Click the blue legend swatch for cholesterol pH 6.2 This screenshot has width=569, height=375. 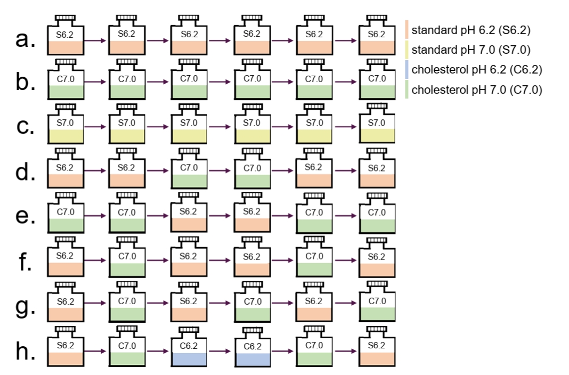click(x=407, y=69)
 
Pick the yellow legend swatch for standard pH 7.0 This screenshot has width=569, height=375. click(x=407, y=50)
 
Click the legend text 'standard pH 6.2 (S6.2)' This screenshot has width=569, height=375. click(x=471, y=30)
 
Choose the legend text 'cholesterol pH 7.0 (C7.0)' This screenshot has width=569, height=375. click(x=477, y=89)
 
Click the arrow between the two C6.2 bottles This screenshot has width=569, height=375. click(x=220, y=350)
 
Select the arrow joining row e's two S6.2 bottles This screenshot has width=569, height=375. click(x=220, y=216)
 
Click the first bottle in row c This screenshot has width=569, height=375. click(x=66, y=124)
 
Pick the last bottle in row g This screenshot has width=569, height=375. click(x=377, y=301)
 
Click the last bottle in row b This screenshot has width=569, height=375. click(x=377, y=79)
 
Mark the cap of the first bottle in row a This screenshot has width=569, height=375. click(x=66, y=18)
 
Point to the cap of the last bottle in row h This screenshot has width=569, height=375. click(x=377, y=329)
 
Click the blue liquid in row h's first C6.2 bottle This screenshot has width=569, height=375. click(x=189, y=359)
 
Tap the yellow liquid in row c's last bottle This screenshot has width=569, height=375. click(x=377, y=136)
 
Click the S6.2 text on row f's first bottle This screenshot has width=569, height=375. click(x=64, y=256)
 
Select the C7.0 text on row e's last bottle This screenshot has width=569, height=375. click(x=377, y=213)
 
